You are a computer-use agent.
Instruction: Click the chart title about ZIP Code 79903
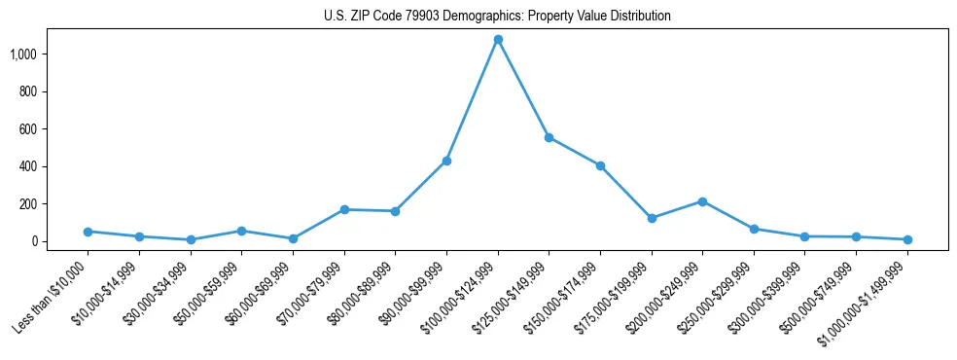click(497, 17)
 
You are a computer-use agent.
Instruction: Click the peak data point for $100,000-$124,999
click(498, 40)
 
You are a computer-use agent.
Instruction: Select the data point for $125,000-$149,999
click(549, 138)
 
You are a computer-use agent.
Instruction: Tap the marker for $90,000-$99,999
click(446, 161)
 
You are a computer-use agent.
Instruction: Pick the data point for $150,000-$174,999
click(600, 165)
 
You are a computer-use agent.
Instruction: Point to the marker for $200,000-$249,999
click(702, 201)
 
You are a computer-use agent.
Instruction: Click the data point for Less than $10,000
click(88, 232)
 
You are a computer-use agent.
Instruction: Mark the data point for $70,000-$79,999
click(344, 209)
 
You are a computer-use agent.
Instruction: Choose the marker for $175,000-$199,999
click(652, 218)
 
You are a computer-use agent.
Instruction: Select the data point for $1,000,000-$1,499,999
click(907, 239)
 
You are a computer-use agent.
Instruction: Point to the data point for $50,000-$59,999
click(241, 231)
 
